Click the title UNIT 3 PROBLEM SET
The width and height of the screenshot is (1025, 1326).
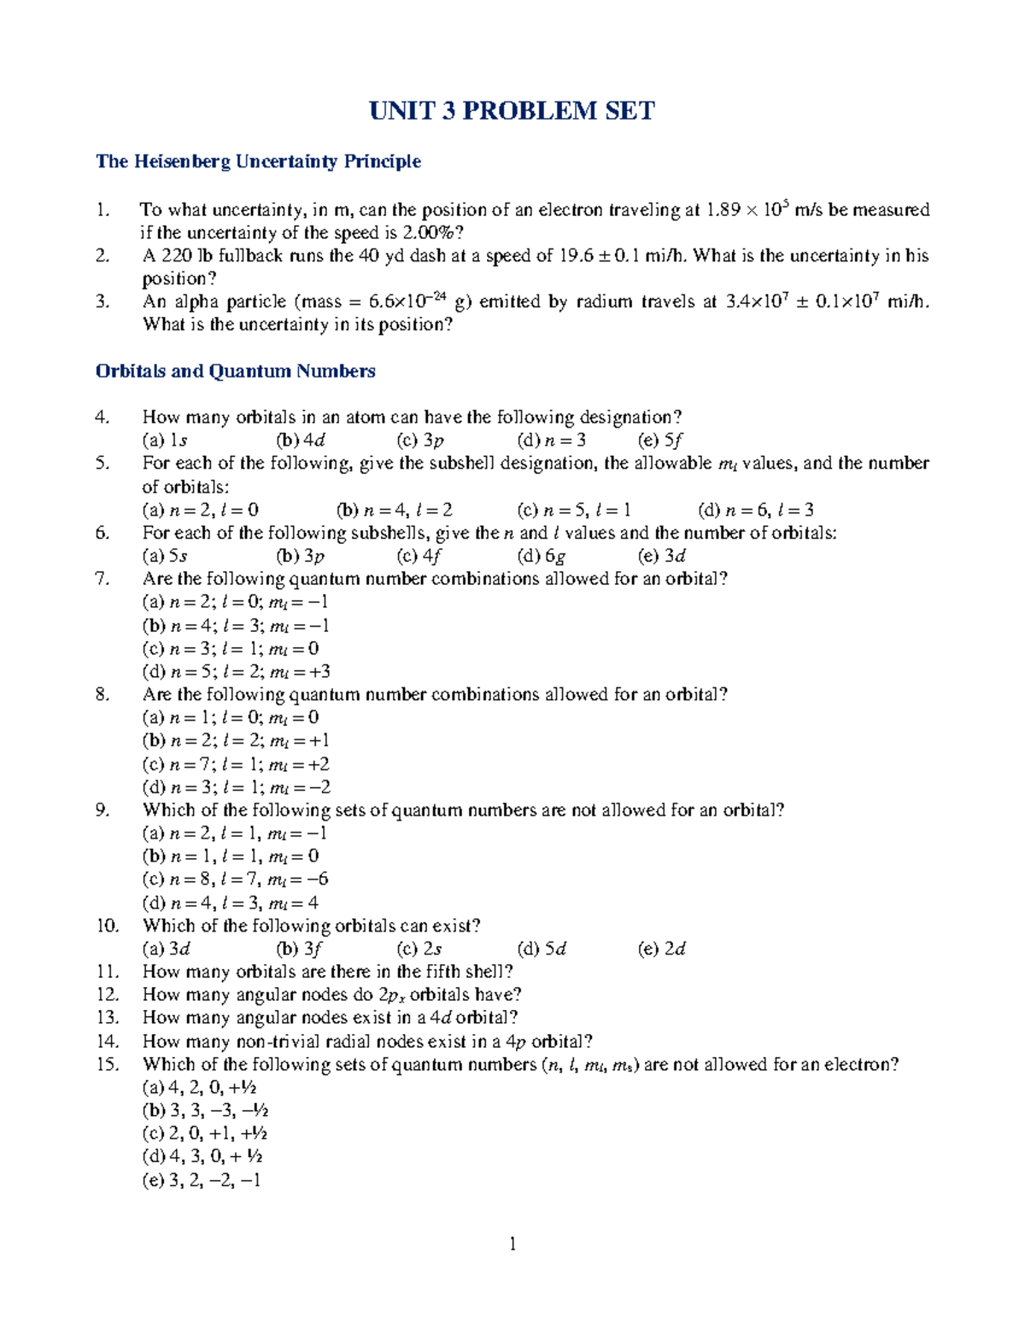point(512,111)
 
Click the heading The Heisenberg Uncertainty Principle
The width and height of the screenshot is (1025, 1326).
point(258,161)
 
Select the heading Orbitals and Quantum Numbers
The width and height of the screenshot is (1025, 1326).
point(236,371)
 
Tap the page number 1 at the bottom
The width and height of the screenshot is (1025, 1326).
point(512,1244)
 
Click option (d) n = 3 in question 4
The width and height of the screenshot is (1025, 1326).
point(551,441)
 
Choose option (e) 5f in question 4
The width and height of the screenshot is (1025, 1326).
point(660,441)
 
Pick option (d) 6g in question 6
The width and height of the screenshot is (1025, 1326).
point(542,556)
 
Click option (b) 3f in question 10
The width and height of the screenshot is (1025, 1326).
point(299,949)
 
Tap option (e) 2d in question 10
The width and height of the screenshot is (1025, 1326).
point(662,949)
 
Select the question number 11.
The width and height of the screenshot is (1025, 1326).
point(106,972)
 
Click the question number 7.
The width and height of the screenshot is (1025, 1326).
point(102,579)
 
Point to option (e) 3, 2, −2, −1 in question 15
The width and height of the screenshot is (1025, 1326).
point(202,1180)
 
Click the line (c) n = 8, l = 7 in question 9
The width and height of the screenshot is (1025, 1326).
point(235,879)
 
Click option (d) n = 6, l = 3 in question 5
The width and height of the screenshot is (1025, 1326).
point(755,511)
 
